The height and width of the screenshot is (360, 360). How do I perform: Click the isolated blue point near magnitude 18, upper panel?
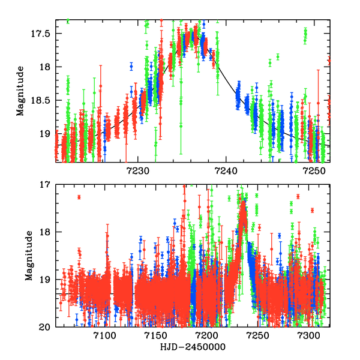click(x=131, y=66)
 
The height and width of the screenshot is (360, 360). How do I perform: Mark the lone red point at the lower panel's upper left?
click(x=79, y=197)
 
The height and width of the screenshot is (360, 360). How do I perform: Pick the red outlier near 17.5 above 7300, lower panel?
click(x=313, y=210)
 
